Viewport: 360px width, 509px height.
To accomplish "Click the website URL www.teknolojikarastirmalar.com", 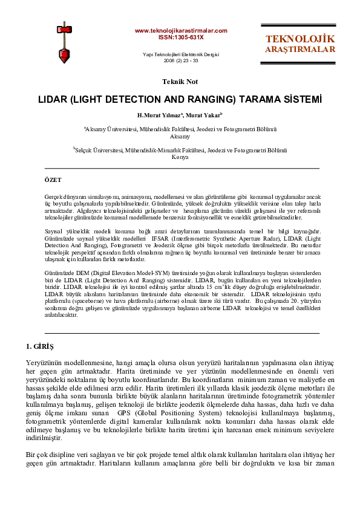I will (180, 30).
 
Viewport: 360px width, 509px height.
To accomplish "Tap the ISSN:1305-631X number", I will (180, 37).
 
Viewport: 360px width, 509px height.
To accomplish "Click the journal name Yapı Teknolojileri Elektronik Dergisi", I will (180, 54).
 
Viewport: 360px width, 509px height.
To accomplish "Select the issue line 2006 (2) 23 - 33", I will (180, 60).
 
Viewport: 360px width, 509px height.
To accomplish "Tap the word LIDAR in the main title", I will (53, 97).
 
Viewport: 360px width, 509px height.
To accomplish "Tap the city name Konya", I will (180, 157).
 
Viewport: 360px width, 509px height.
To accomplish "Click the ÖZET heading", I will (53, 180).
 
